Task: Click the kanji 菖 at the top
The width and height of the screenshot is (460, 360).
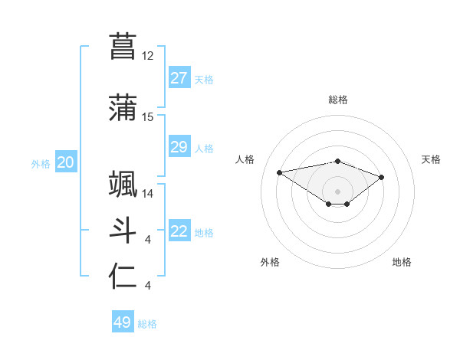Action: coord(123,46)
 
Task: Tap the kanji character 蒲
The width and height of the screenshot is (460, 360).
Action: coord(123,108)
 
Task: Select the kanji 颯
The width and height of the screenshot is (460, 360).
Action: coord(123,185)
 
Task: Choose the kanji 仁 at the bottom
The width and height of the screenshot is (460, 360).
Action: coord(123,277)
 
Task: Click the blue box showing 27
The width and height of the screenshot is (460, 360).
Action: coord(179,78)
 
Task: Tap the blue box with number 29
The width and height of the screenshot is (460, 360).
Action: coord(179,147)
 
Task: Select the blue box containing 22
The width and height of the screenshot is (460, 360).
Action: coord(179,231)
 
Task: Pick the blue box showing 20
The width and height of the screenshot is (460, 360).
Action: coord(66,162)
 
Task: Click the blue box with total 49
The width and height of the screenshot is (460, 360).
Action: coord(123,322)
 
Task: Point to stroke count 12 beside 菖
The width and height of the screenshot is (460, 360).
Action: coord(148,56)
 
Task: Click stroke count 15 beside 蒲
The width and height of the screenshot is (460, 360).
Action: coord(148,117)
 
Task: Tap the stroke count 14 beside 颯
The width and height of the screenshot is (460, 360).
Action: coord(148,194)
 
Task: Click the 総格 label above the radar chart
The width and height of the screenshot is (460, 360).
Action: coord(337,100)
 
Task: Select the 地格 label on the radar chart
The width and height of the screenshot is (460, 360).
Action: coord(402,262)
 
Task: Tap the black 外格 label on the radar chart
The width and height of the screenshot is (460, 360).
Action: coord(270,262)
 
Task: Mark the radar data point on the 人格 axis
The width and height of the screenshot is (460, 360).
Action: coord(280,172)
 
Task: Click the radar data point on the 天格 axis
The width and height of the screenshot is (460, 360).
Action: coord(381,177)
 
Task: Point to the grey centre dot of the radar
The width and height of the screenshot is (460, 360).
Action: coord(337,191)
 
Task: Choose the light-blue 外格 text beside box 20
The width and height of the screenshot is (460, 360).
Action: coord(40,163)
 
